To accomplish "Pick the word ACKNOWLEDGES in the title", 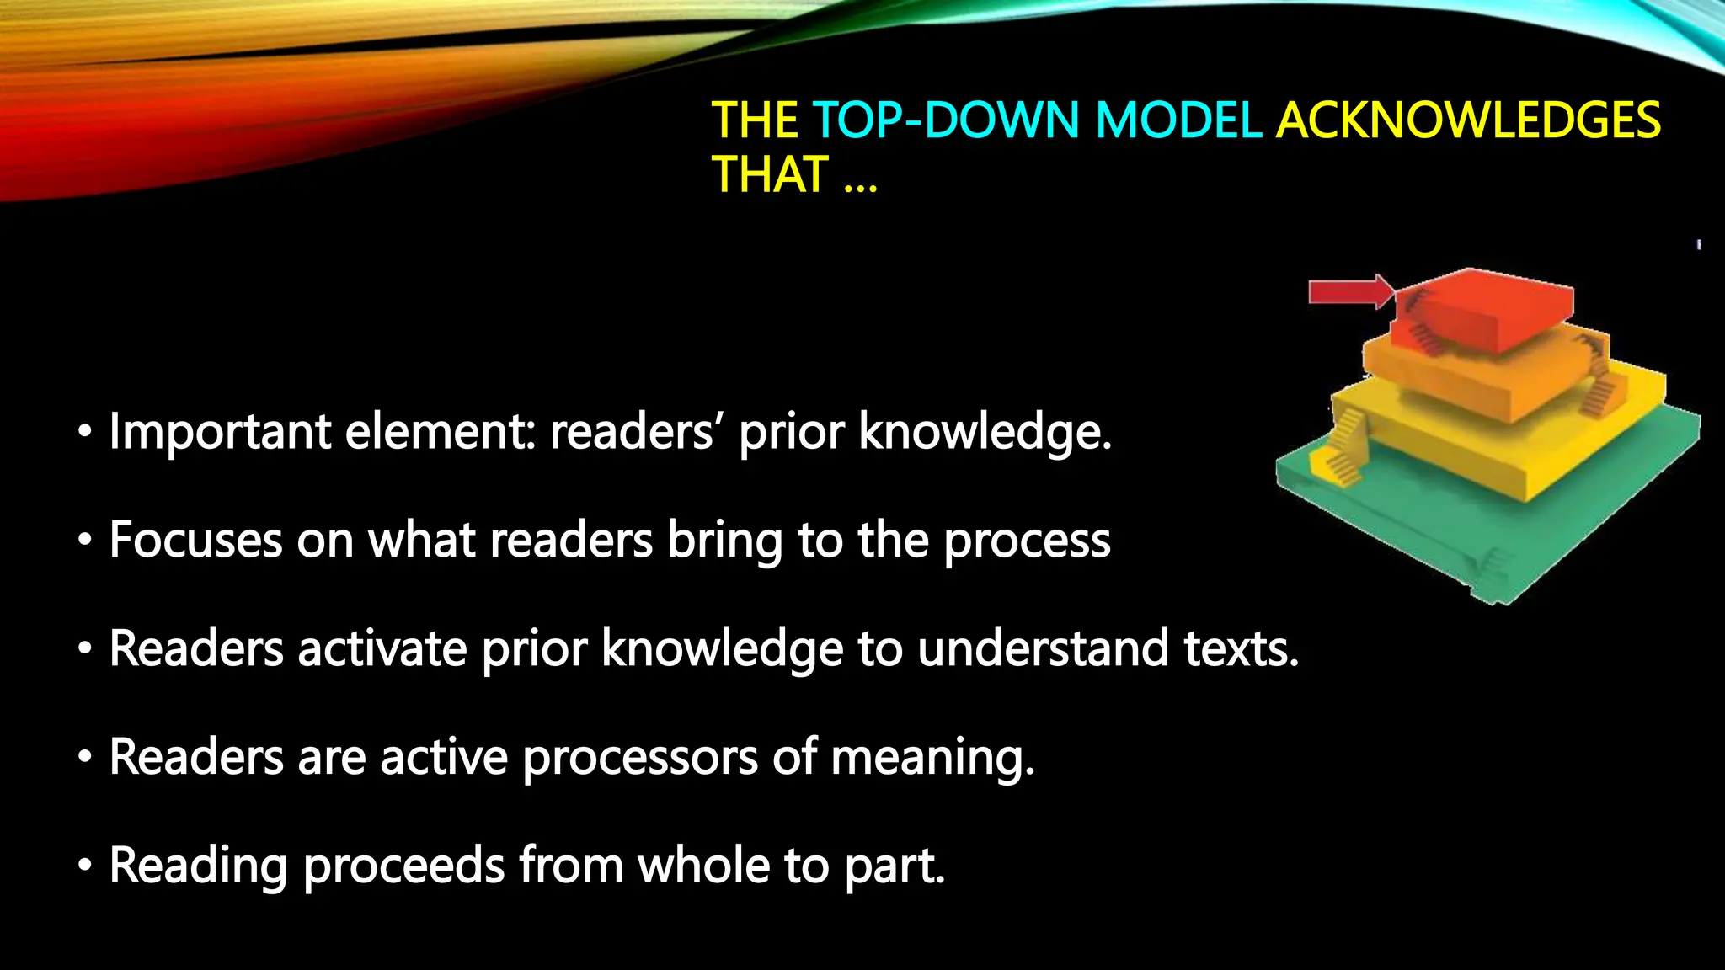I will pyautogui.click(x=1468, y=120).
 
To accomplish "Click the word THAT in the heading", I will pyautogui.click(x=770, y=174).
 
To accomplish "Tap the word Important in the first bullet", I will pyautogui.click(x=220, y=432).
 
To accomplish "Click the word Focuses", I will pyautogui.click(x=195, y=540).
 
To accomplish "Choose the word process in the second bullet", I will pyautogui.click(x=1027, y=541).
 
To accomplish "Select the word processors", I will pyautogui.click(x=639, y=758).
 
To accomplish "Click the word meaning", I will pyautogui.click(x=932, y=758).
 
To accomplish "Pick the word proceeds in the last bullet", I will pyautogui.click(x=403, y=866).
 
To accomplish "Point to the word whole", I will pyautogui.click(x=703, y=865).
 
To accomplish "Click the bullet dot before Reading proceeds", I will pyautogui.click(x=84, y=866).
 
